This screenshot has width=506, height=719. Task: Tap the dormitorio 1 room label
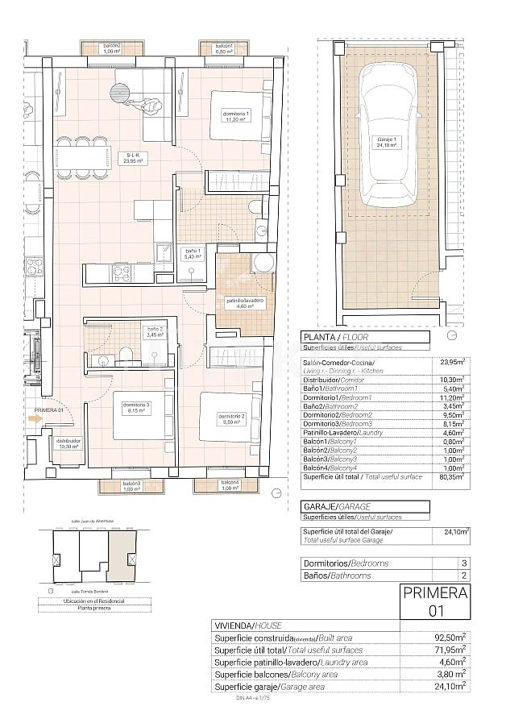point(237,117)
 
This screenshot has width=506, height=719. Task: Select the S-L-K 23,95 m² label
point(133,158)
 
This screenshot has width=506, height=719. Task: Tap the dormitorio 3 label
point(135,407)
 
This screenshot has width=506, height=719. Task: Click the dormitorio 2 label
point(230,418)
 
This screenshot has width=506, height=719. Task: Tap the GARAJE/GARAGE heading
point(336,505)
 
